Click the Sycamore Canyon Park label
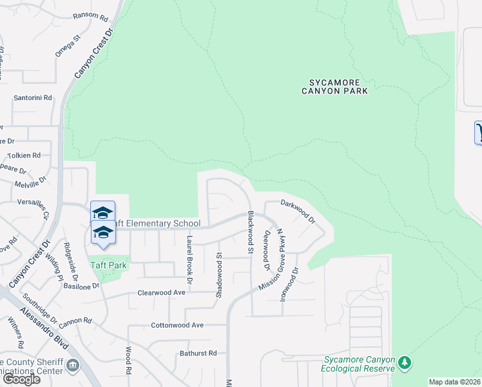[x=334, y=86]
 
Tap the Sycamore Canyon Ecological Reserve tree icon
[x=404, y=362]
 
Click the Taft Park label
[x=107, y=264]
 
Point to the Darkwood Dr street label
[x=298, y=211]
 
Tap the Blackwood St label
[x=249, y=230]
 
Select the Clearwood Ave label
[x=161, y=292]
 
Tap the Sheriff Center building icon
[x=73, y=366]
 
